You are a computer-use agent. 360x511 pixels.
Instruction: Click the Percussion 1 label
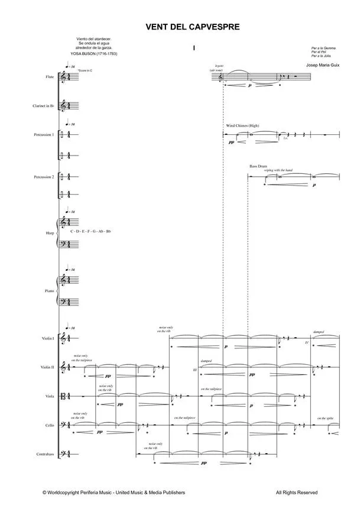click(44, 135)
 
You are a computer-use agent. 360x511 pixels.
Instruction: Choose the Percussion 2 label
click(44, 177)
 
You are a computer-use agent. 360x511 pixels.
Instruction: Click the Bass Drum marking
click(258, 167)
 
